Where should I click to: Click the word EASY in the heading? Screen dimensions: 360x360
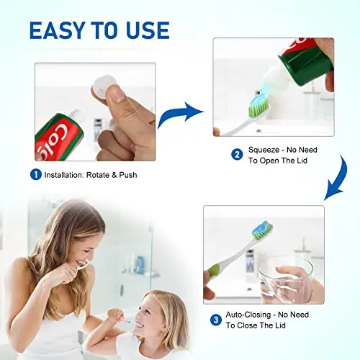tap(58, 30)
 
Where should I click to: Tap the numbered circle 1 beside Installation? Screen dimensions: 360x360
tap(35, 174)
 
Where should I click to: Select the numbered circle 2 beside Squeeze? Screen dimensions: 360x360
tap(237, 154)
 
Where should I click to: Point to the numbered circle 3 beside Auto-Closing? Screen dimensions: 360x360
tap(215, 320)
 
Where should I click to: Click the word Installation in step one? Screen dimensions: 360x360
tap(67, 175)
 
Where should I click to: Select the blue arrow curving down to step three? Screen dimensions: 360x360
tap(334, 180)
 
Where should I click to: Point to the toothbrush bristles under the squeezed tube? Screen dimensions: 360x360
tap(259, 108)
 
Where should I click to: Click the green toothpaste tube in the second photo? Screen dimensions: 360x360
tap(306, 65)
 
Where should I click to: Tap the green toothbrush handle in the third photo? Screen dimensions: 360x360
tap(214, 272)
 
